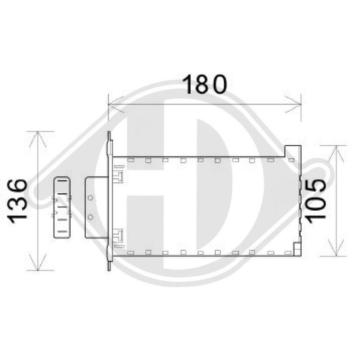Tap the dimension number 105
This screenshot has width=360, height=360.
coord(314,199)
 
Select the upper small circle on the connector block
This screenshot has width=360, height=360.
coord(91,198)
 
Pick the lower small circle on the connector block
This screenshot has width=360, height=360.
coord(91,217)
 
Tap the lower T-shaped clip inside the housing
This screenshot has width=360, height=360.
coord(119,236)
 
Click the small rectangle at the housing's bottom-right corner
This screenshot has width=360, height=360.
coord(297,248)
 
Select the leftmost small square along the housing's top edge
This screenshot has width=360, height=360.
coord(131,160)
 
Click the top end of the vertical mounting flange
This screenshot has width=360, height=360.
coord(109,135)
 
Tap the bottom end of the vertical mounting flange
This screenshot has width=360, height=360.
coord(109,267)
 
